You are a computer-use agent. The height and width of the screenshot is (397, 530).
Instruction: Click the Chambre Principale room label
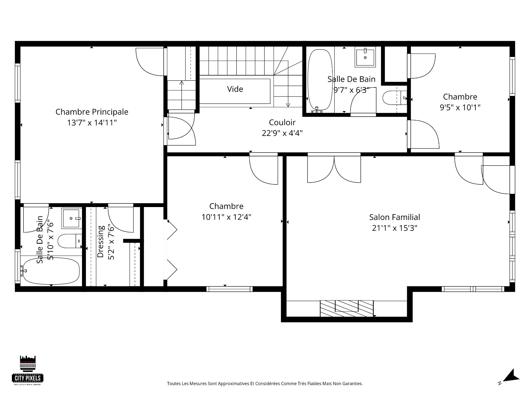(x=92, y=112)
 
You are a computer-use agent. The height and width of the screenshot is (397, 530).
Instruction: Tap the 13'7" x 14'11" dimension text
(x=92, y=123)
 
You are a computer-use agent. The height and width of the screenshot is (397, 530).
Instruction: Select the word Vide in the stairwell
(x=235, y=89)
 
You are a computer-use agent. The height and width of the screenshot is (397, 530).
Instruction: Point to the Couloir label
(x=282, y=122)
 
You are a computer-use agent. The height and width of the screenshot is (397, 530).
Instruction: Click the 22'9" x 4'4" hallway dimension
(x=282, y=133)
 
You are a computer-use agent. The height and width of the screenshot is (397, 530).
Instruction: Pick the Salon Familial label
(x=394, y=217)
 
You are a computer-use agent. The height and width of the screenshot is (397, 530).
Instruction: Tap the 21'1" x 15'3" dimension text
(x=394, y=228)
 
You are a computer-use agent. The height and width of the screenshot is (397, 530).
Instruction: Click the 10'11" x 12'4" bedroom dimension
(x=226, y=217)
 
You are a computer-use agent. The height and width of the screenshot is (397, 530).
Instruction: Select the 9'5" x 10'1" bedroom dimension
(x=460, y=107)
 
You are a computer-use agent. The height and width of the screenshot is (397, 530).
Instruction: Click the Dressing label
(x=100, y=242)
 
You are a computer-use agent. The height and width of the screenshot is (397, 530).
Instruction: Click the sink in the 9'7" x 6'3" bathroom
(x=365, y=58)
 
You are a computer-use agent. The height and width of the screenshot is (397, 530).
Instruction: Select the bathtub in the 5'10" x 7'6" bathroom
(x=51, y=271)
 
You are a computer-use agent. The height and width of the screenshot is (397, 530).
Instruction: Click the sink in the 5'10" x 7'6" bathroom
(x=71, y=218)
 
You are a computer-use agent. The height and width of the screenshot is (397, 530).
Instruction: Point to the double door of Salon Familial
(x=334, y=168)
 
